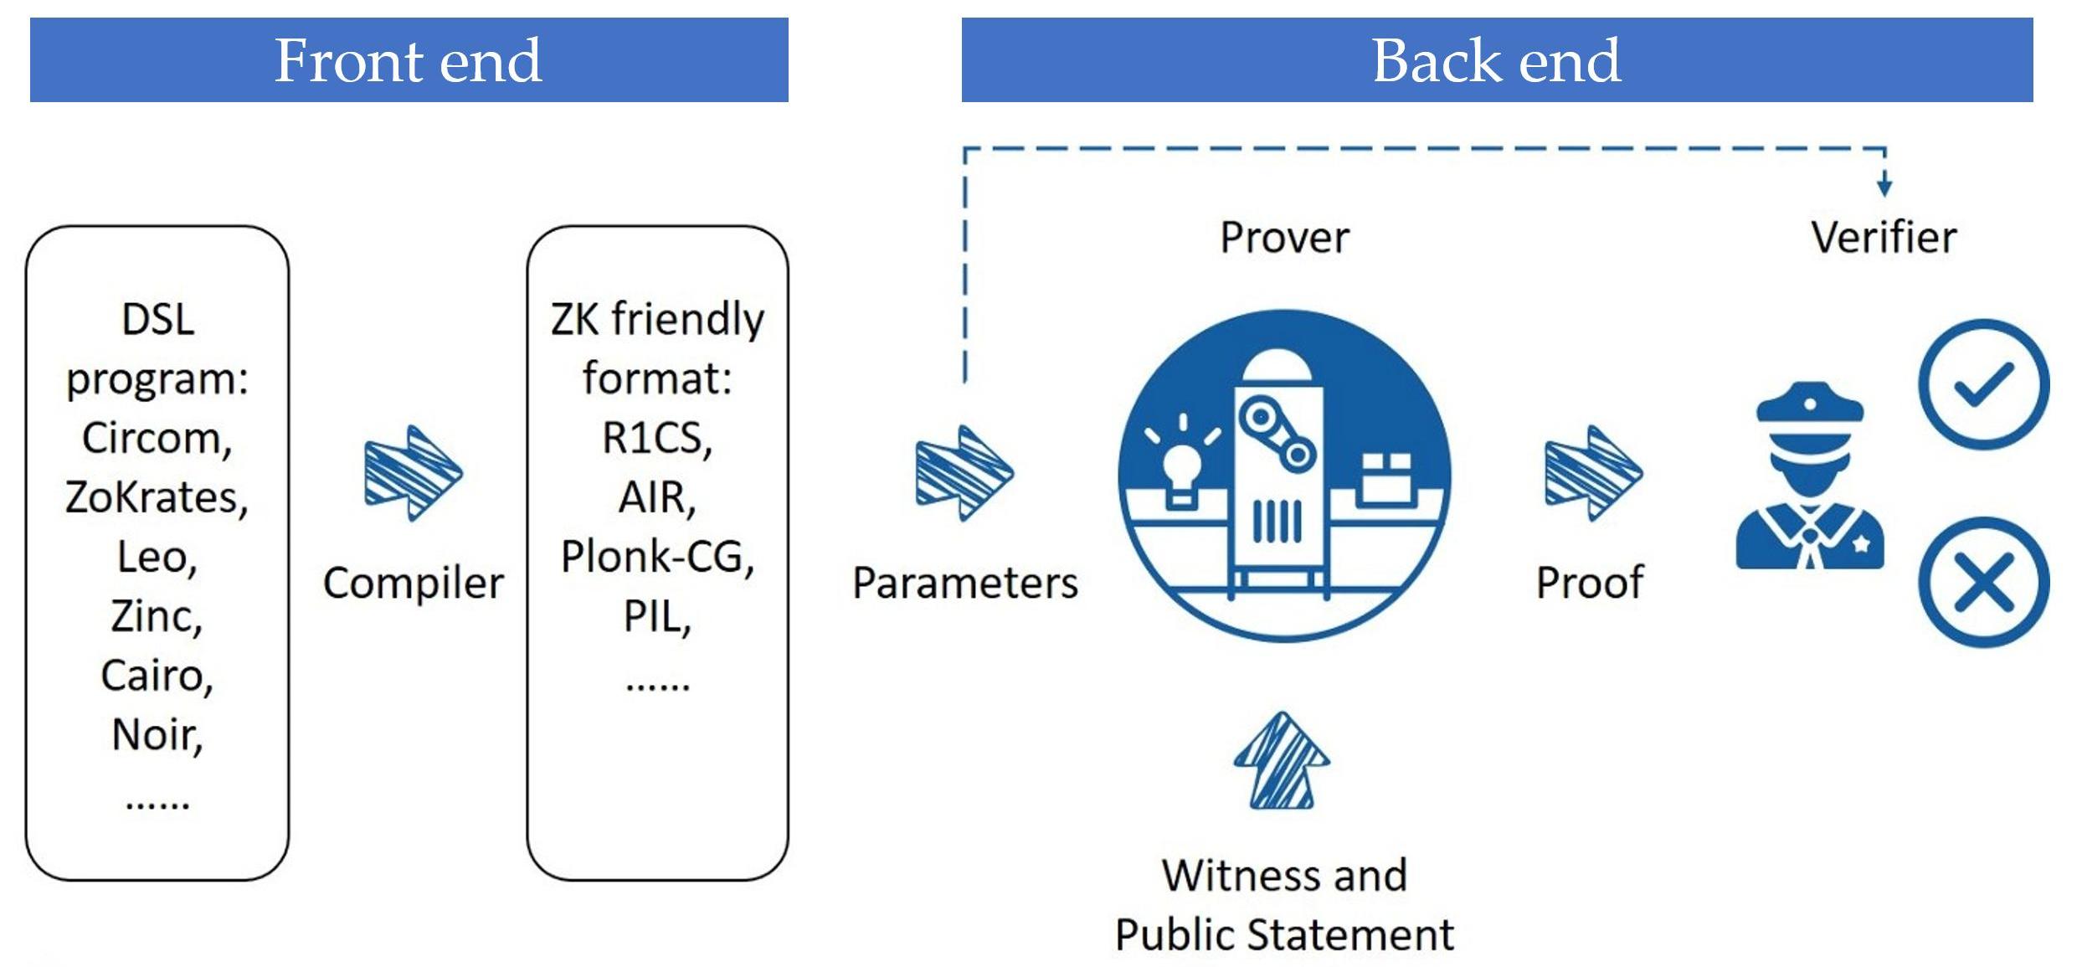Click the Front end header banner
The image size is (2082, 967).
point(409,60)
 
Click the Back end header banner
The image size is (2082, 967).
point(1496,60)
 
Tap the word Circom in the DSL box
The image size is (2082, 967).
point(156,438)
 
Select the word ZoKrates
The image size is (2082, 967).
point(156,497)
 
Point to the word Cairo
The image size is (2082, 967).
point(156,676)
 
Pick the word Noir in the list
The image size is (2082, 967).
point(156,735)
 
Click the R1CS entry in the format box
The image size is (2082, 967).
point(657,438)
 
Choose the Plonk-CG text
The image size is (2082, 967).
point(657,557)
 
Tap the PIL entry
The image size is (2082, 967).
point(657,617)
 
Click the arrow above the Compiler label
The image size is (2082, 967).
point(413,473)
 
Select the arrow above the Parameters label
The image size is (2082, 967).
point(964,473)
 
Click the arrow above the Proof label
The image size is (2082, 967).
point(1592,473)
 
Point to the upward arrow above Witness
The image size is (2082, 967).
point(1282,761)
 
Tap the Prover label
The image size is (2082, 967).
point(1284,238)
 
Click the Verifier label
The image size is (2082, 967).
point(1884,238)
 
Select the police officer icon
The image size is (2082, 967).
point(1809,477)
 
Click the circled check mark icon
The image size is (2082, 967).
point(1982,384)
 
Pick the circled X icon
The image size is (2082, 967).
point(1982,582)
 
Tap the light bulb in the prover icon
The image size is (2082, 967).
point(1181,469)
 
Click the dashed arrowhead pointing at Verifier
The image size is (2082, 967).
point(1884,186)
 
